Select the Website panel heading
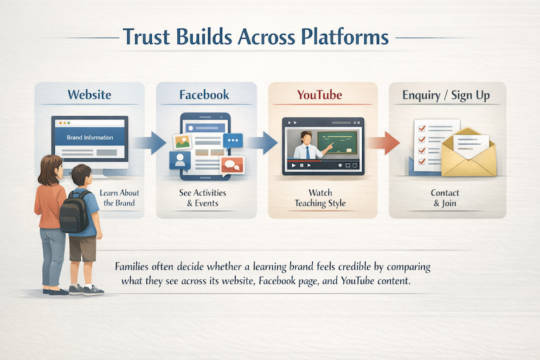(90, 95)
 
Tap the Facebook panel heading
(203, 95)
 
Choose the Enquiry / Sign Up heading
(442, 95)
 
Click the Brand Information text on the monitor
(89, 138)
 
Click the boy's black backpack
(74, 211)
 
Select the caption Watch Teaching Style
(321, 198)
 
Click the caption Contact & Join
(444, 198)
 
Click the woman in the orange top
(51, 211)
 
